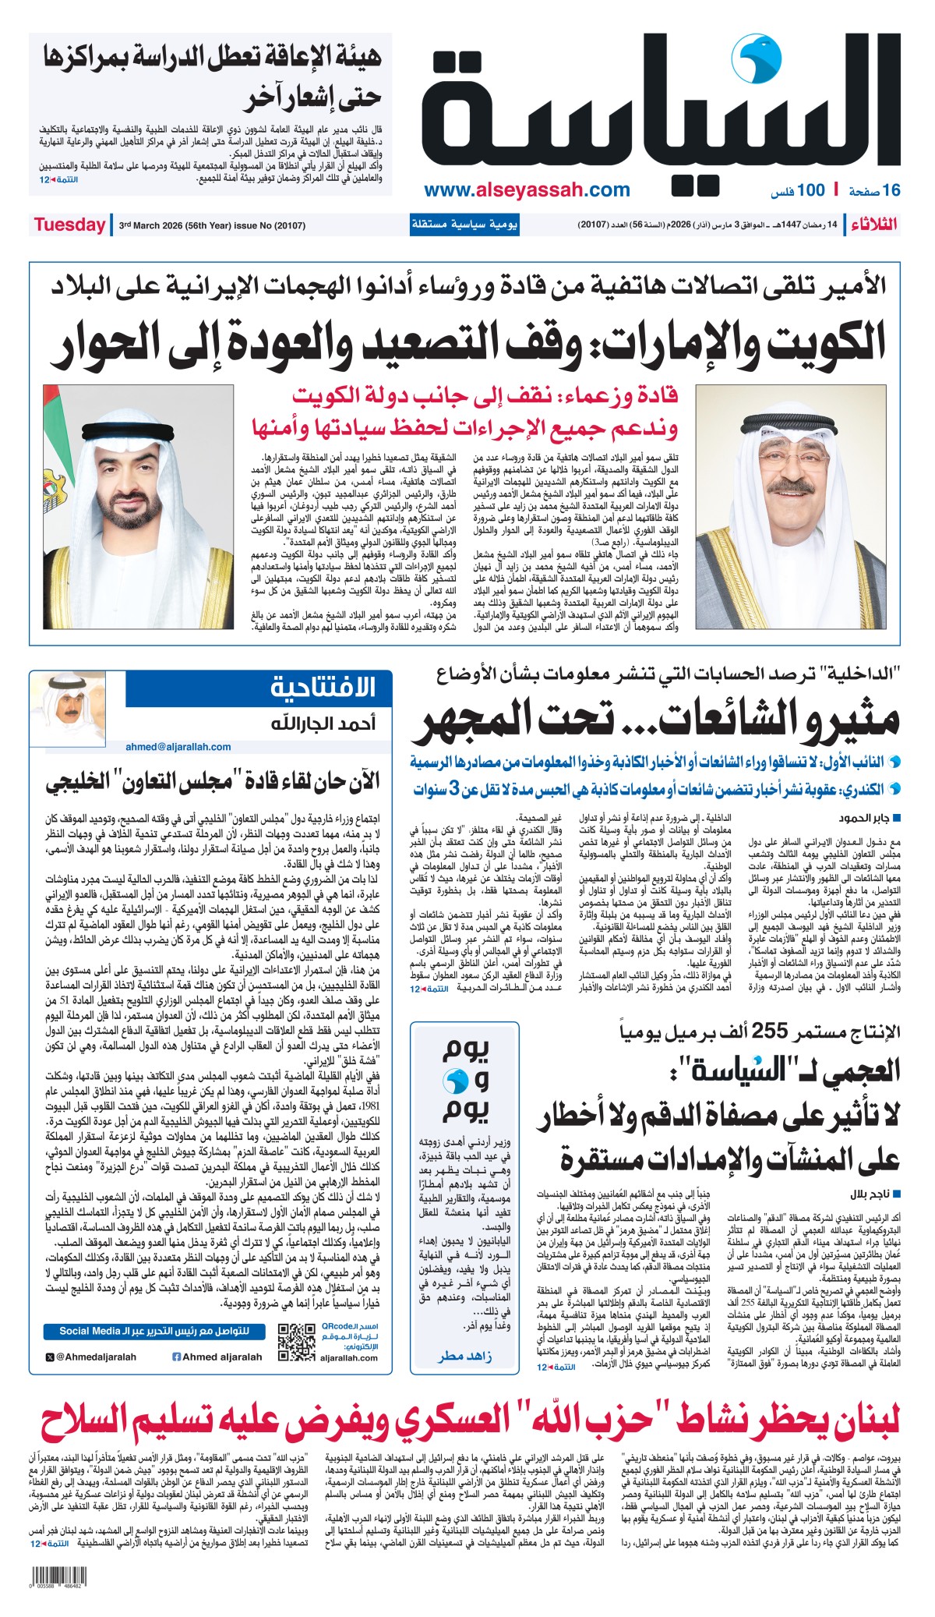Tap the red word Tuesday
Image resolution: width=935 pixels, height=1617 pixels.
tap(69, 225)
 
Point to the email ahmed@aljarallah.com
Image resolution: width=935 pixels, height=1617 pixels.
tap(178, 746)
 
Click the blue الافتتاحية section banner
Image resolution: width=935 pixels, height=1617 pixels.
tap(259, 688)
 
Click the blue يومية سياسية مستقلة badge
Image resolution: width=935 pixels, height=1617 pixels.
tap(464, 225)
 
